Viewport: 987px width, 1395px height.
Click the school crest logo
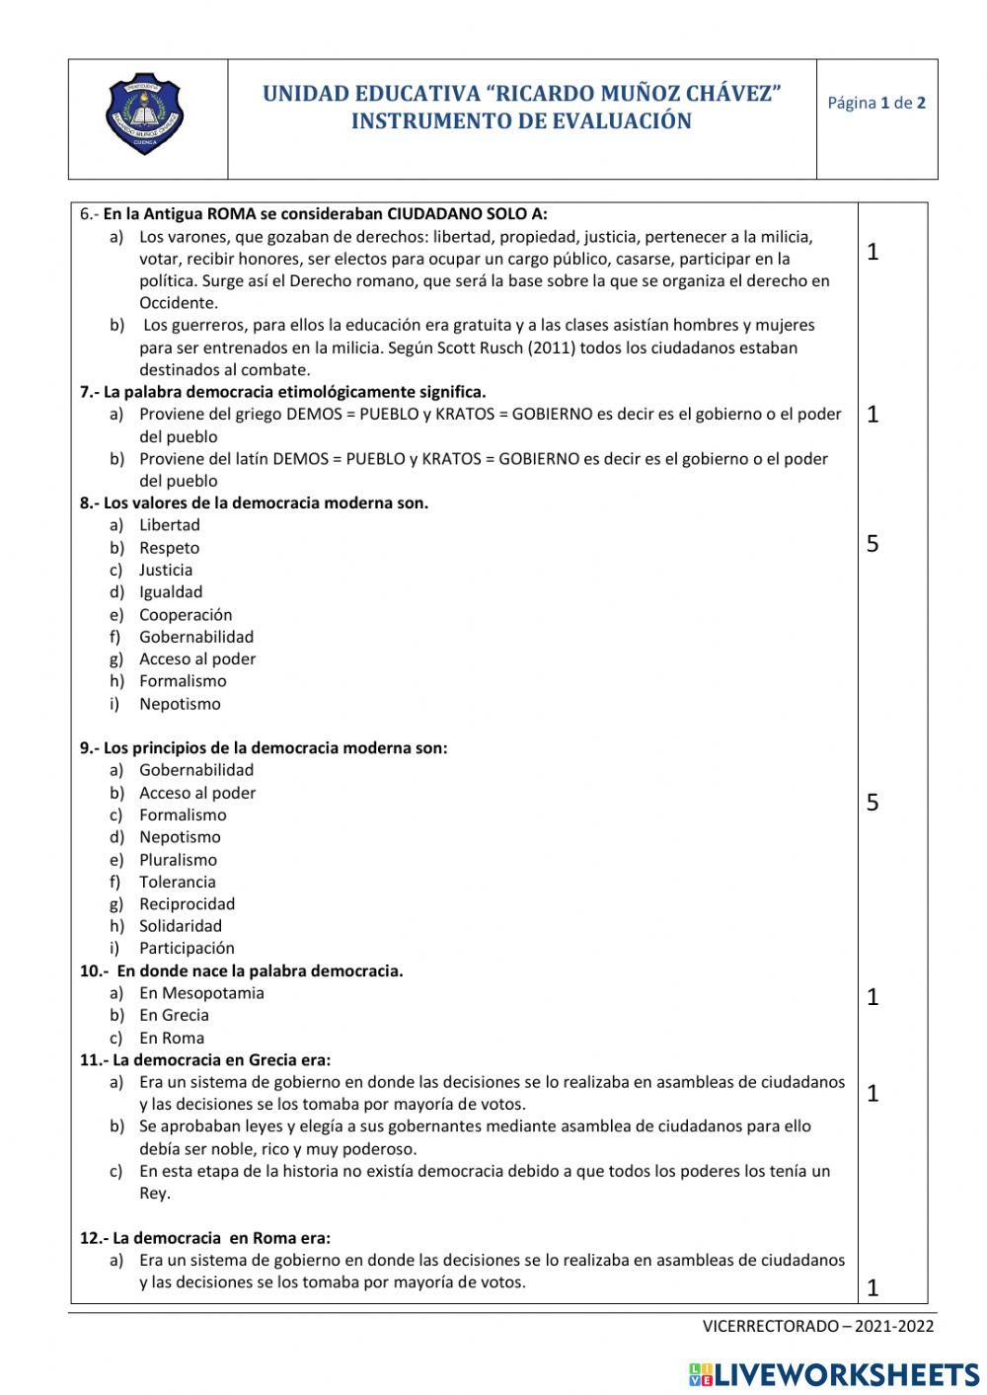[x=146, y=118]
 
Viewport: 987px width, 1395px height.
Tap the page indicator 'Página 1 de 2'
[x=876, y=103]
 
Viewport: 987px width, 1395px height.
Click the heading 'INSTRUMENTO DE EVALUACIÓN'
[x=521, y=121]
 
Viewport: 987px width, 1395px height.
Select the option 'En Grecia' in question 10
[x=174, y=1015]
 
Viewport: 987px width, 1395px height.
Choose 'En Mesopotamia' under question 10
[x=201, y=993]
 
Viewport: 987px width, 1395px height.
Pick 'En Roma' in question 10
[x=172, y=1038]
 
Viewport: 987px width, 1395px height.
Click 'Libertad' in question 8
[x=169, y=525]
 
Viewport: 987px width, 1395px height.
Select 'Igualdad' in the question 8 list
[x=171, y=592]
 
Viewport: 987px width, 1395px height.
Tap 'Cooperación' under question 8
[x=186, y=614]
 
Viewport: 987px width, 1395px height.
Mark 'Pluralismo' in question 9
[x=178, y=860]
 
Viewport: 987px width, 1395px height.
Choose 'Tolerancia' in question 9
[x=177, y=882]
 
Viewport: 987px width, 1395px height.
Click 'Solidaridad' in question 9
[x=181, y=926]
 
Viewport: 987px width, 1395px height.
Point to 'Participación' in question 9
[x=187, y=948]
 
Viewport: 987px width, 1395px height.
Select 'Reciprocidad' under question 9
[x=187, y=903]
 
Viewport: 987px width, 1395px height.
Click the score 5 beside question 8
[x=873, y=544]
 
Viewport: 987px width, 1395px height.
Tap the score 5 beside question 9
[x=873, y=803]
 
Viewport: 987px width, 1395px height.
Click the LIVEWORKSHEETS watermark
[x=834, y=1374]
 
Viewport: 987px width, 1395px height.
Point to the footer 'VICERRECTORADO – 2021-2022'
[x=818, y=1326]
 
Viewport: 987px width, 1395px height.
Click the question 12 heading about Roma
[x=205, y=1238]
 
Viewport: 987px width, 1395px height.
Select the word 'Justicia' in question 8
[x=166, y=570]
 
